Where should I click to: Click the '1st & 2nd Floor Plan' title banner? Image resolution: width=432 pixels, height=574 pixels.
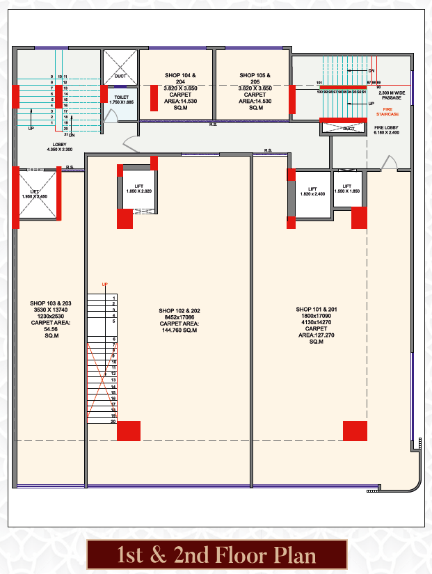[216, 555]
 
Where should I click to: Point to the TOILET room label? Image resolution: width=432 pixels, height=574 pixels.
[121, 99]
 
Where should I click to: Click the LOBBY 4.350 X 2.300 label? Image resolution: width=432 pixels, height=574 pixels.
[59, 146]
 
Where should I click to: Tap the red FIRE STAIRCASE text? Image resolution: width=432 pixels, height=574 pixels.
[387, 110]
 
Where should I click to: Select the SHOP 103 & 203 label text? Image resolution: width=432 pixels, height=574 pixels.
[50, 320]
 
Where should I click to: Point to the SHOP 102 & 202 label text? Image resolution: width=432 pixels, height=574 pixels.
[179, 320]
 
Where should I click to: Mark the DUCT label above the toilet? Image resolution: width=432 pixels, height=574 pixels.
[120, 77]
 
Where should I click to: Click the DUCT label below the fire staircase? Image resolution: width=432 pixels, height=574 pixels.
[349, 129]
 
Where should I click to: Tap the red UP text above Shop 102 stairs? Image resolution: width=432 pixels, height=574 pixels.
[105, 285]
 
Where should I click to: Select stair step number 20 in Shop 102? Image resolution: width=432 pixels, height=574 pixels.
[113, 422]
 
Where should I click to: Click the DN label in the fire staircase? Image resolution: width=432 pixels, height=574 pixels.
[371, 71]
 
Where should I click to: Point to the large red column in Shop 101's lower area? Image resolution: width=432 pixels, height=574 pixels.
[355, 431]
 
